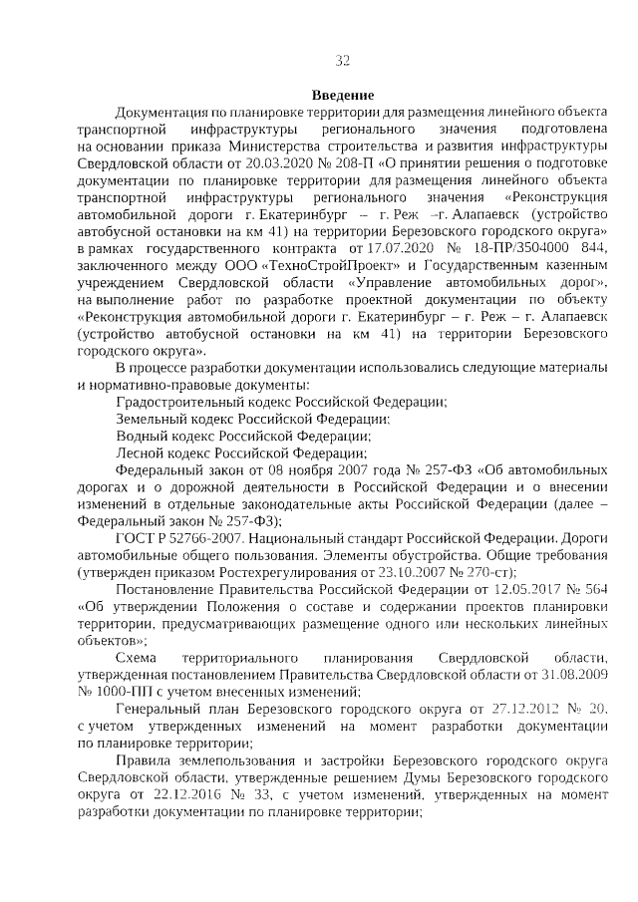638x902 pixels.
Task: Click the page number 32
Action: click(x=341, y=61)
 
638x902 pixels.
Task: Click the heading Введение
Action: click(x=341, y=94)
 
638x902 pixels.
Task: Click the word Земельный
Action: click(x=148, y=419)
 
